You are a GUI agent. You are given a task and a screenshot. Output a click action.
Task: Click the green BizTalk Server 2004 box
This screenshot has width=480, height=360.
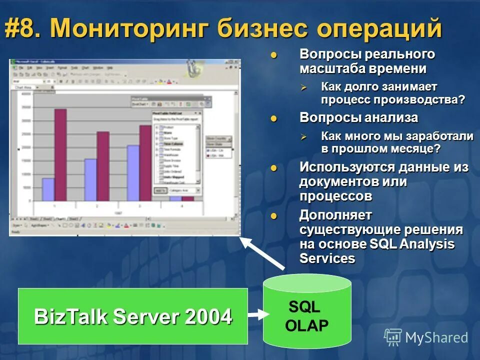pyautogui.click(x=132, y=316)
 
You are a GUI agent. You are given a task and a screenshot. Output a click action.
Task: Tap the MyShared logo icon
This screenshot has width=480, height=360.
pyautogui.click(x=393, y=337)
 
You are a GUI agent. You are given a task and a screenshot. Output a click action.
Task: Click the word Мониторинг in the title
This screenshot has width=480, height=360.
pyautogui.click(x=132, y=28)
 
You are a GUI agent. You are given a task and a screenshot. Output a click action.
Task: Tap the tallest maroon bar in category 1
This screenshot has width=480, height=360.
pyautogui.click(x=60, y=155)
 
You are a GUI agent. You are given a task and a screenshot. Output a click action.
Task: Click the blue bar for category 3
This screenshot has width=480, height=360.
pyautogui.click(x=133, y=172)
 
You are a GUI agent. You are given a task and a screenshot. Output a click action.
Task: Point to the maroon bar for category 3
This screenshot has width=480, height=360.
pyautogui.click(x=145, y=162)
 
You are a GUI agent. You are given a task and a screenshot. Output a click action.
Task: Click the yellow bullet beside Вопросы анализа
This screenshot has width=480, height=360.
pyautogui.click(x=273, y=118)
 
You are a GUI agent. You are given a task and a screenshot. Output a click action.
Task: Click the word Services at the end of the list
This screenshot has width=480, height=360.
pyautogui.click(x=327, y=258)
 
